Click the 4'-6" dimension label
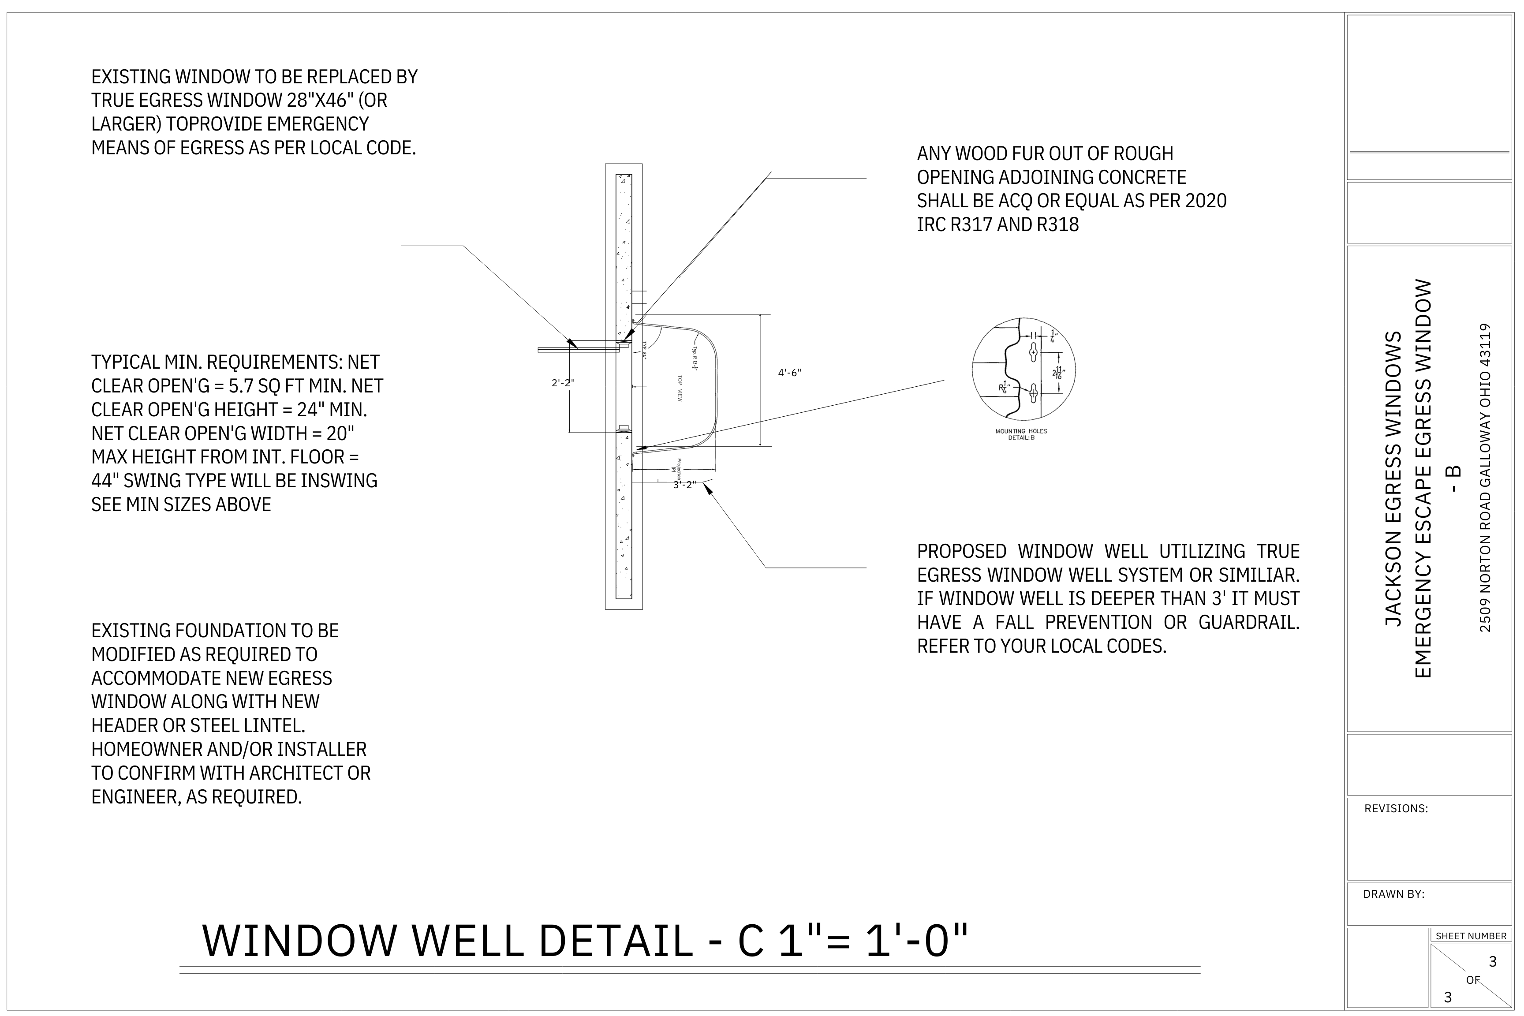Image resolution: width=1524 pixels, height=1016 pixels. pos(789,373)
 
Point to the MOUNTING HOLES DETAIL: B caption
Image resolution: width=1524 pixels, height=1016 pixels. pos(1021,434)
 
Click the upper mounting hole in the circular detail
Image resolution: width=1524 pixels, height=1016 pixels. pos(1034,352)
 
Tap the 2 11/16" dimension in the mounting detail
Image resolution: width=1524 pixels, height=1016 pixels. pos(1059,373)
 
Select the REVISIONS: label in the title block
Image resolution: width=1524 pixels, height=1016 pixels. pos(1396,809)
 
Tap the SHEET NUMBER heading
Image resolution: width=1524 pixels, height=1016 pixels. pos(1471,936)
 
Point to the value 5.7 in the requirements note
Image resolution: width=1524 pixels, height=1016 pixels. pos(242,386)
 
